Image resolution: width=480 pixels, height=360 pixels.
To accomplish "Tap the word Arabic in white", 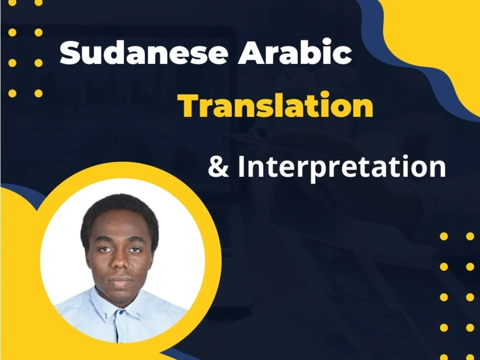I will tap(295, 53).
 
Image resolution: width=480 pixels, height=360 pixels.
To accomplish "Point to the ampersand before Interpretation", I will tap(218, 167).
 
